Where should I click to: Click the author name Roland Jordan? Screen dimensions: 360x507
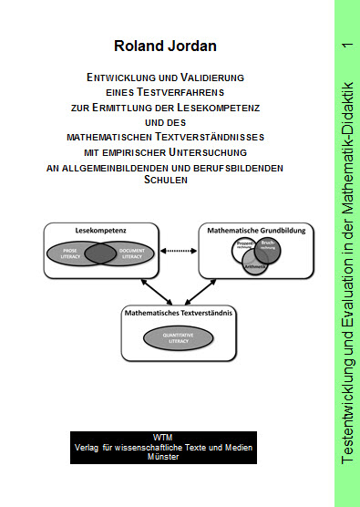(165, 46)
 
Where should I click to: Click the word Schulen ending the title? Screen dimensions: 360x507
(165, 180)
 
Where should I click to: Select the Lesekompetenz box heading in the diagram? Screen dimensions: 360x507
(87, 232)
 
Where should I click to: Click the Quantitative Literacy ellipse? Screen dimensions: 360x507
(178, 336)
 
